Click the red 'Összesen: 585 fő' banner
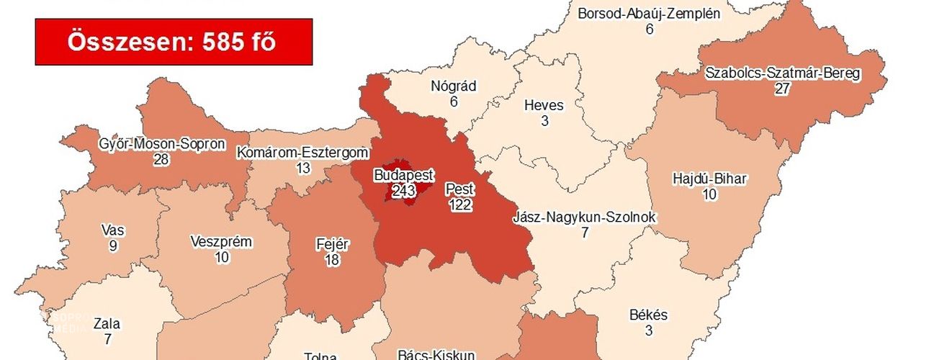(x=174, y=42)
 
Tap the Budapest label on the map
(x=403, y=175)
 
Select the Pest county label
(x=459, y=189)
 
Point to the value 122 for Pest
(x=459, y=205)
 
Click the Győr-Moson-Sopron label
(x=163, y=143)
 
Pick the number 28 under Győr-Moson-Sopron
(x=161, y=159)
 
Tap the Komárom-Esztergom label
(x=303, y=153)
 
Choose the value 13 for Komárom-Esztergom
(x=303, y=168)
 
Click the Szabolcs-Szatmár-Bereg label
(x=783, y=73)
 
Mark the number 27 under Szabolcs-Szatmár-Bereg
(x=783, y=89)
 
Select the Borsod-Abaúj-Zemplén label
(x=650, y=13)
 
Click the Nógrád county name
(x=454, y=86)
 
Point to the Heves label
(x=544, y=105)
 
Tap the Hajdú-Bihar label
(x=709, y=179)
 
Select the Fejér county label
(x=333, y=244)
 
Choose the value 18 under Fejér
(x=332, y=260)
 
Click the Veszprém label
(x=222, y=241)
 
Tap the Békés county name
(x=648, y=315)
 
